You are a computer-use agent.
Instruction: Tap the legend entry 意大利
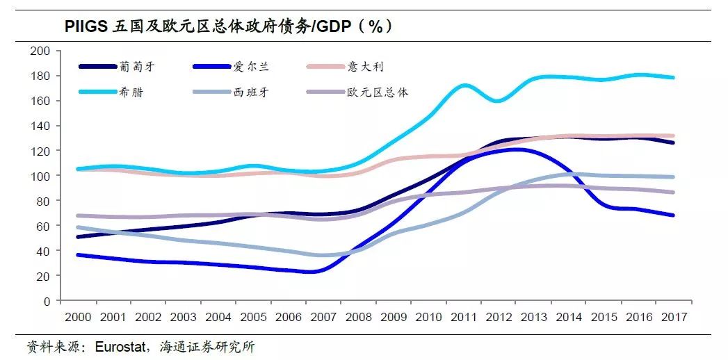(366, 67)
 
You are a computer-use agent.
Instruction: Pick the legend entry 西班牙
(251, 92)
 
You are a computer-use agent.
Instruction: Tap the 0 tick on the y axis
(47, 301)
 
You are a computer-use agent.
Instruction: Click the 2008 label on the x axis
(358, 317)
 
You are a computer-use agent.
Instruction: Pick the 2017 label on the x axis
(673, 317)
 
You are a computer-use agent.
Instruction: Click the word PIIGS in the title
(86, 26)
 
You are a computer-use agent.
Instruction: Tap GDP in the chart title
(335, 26)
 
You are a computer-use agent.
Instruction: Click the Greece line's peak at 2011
(464, 85)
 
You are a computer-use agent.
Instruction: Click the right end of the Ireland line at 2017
(672, 215)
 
